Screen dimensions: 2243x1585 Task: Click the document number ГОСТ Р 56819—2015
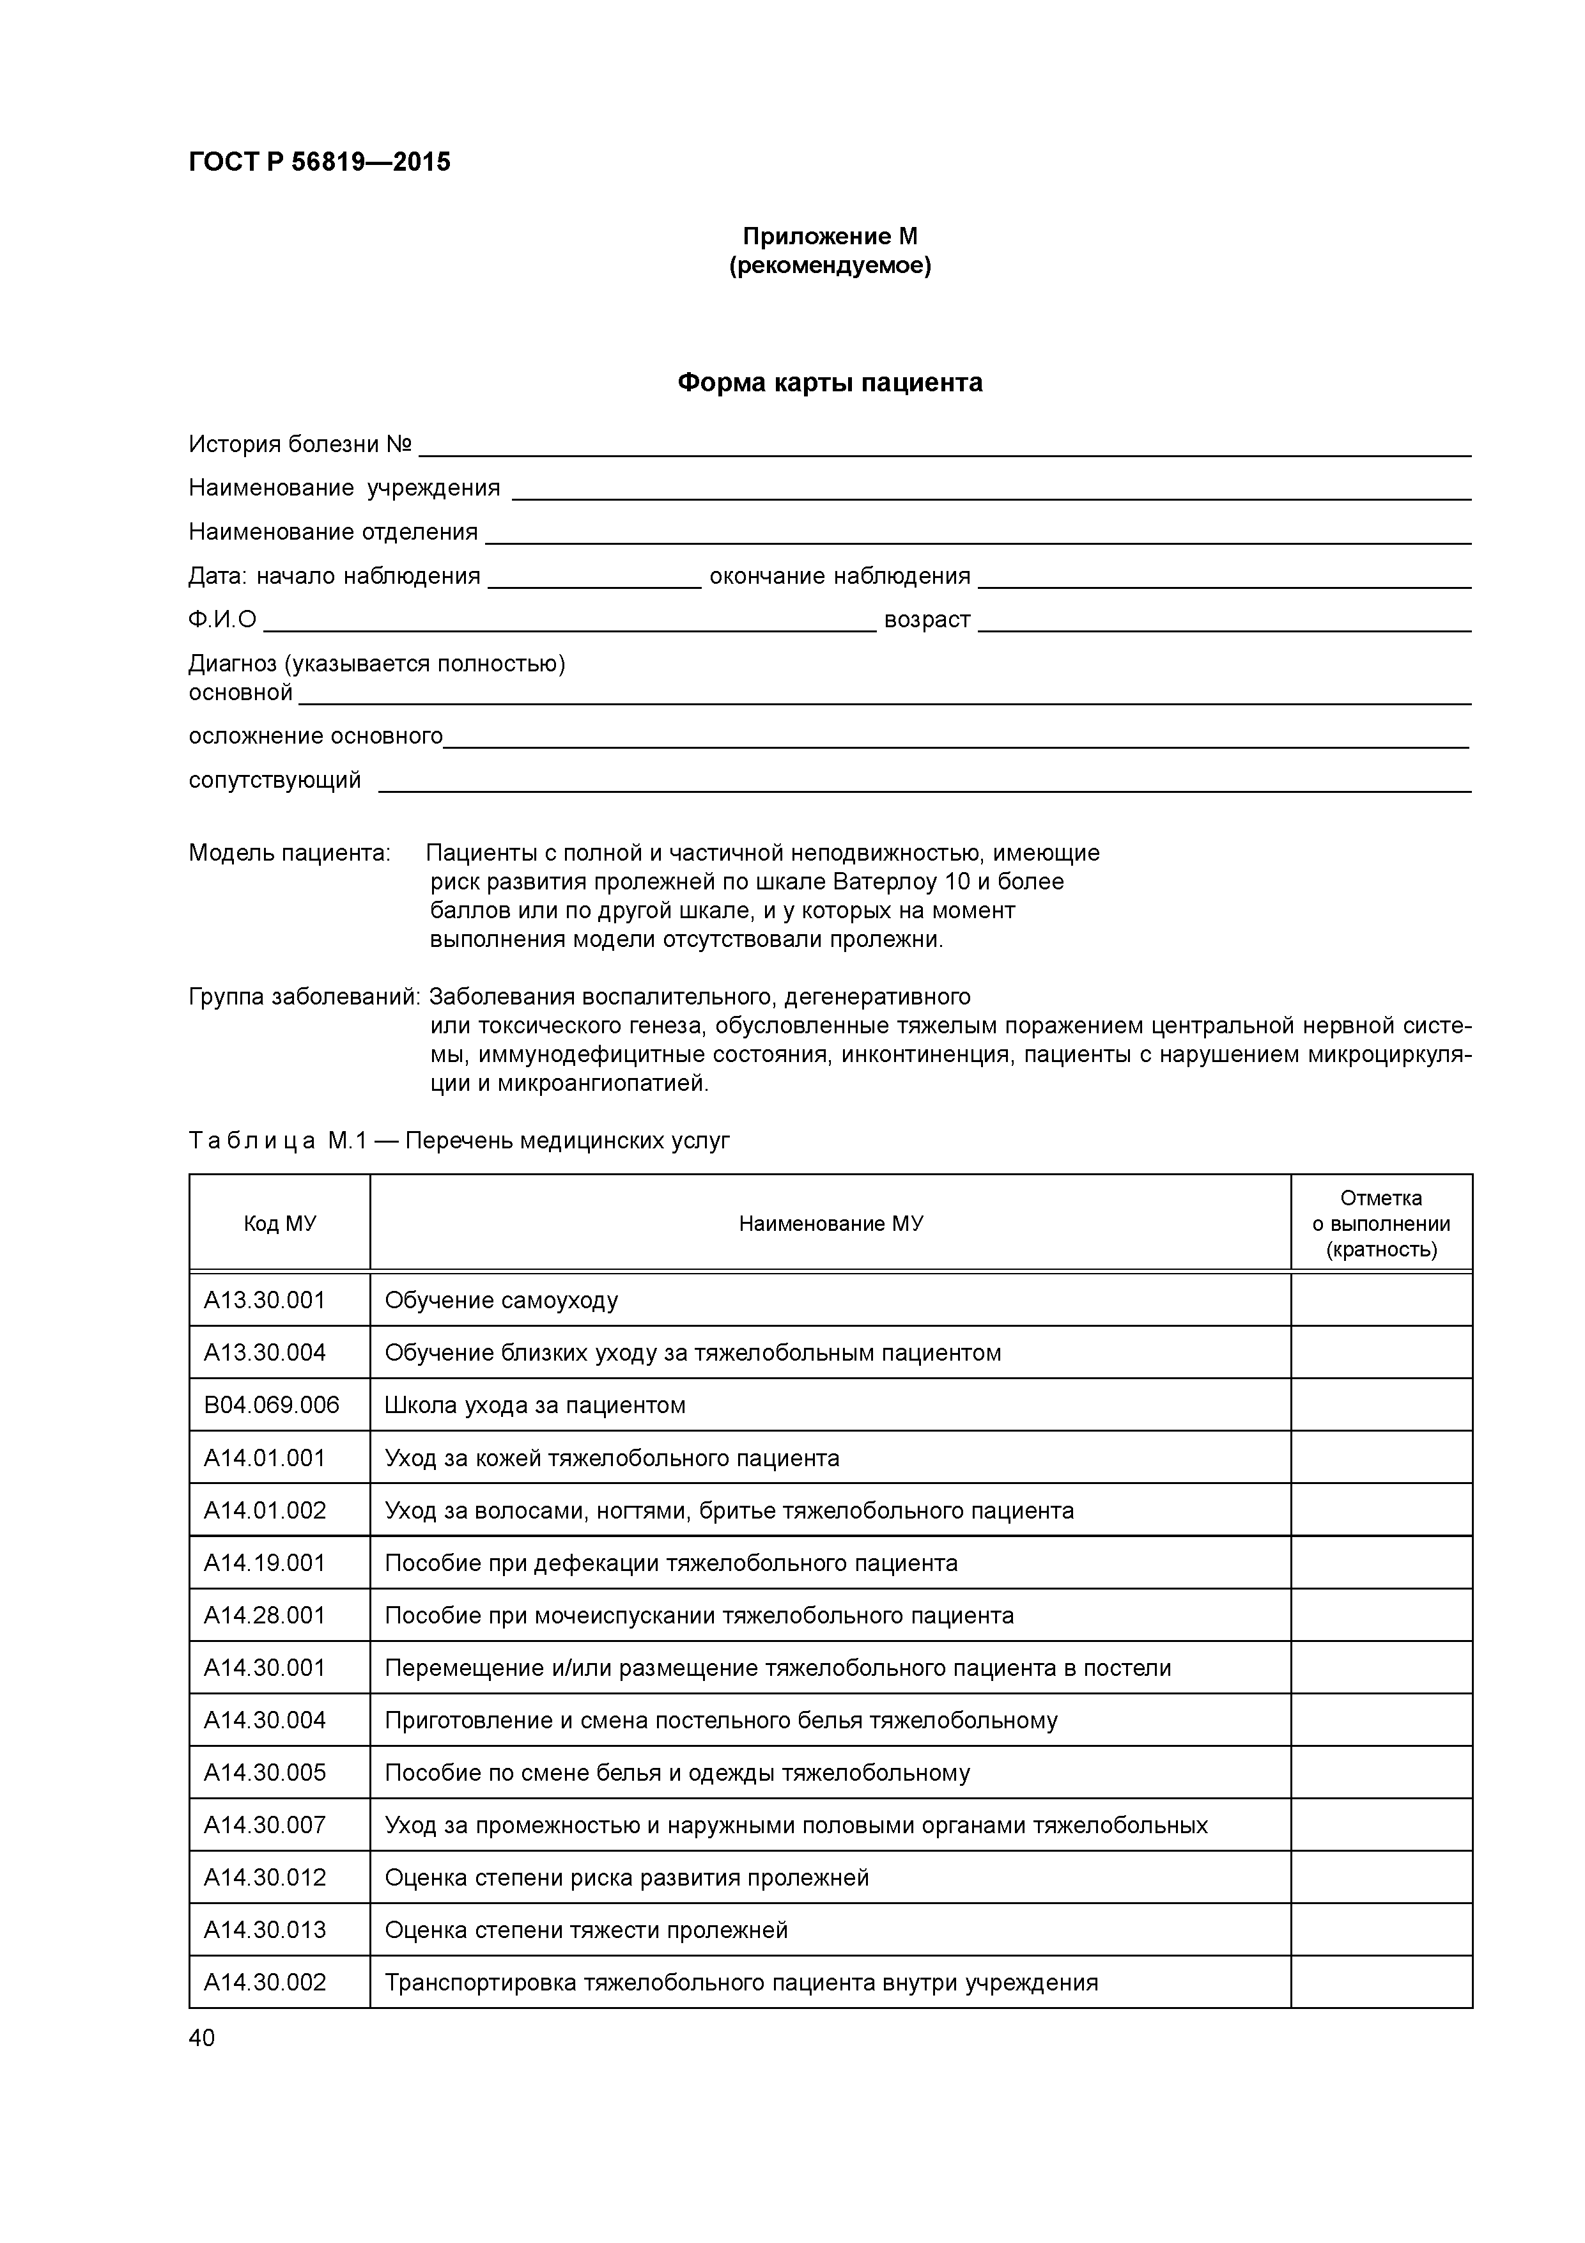click(x=320, y=162)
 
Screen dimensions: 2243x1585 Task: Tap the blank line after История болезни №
click(x=943, y=448)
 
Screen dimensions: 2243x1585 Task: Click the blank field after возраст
click(x=1224, y=623)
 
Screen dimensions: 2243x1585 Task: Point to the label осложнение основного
click(x=316, y=735)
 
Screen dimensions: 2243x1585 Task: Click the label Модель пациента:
click(x=289, y=853)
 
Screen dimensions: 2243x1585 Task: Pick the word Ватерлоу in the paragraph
click(x=885, y=882)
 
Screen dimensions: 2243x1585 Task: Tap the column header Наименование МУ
click(x=830, y=1224)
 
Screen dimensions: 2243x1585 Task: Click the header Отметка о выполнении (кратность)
click(x=1381, y=1224)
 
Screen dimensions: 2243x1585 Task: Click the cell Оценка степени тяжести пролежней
click(x=586, y=1930)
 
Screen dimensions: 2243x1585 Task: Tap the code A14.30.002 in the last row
click(x=265, y=1982)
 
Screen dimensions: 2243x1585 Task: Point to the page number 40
click(x=201, y=2038)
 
